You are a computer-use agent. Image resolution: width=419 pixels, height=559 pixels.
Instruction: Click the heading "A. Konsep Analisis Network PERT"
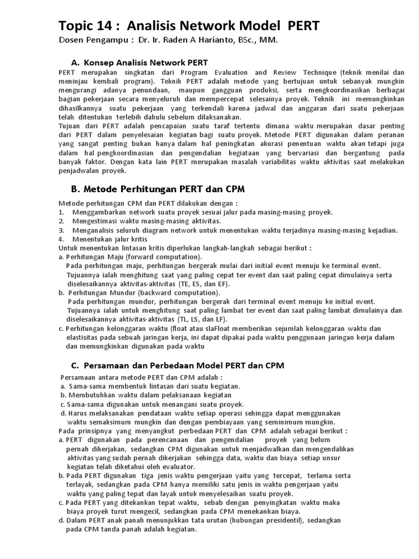[140, 63]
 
